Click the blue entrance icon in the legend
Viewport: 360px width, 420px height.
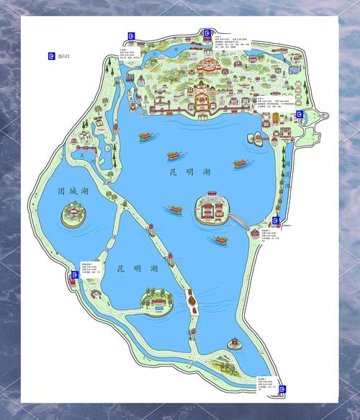pos(50,55)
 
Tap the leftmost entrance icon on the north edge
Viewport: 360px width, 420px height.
pos(131,35)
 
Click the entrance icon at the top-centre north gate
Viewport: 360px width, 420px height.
pos(207,33)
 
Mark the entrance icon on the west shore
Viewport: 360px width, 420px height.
pos(76,275)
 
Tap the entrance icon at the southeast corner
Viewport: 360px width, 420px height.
pos(283,389)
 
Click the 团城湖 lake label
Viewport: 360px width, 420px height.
pos(72,191)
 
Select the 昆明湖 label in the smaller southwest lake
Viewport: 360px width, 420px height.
pos(137,269)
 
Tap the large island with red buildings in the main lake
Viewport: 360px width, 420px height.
pos(212,207)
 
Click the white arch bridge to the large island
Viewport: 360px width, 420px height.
pos(252,231)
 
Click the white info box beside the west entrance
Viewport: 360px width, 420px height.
pos(91,270)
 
